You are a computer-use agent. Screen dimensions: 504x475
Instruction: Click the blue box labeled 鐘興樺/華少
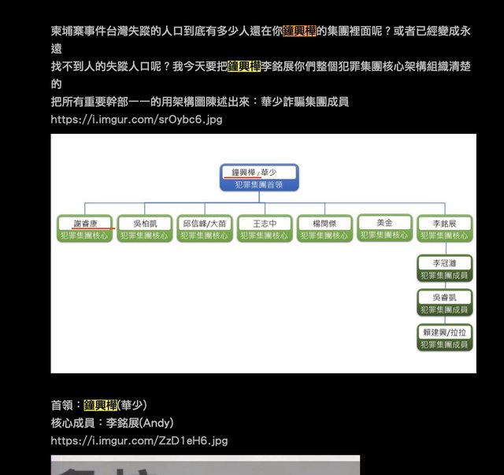pyautogui.click(x=259, y=177)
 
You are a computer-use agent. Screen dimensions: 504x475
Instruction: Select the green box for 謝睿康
pyautogui.click(x=85, y=228)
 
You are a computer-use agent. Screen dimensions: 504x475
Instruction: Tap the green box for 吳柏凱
pyautogui.click(x=145, y=228)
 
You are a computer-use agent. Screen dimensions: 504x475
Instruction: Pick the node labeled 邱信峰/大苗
pyautogui.click(x=205, y=228)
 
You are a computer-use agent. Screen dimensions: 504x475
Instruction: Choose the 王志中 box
pyautogui.click(x=265, y=228)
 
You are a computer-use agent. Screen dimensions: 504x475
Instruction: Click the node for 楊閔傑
pyautogui.click(x=324, y=228)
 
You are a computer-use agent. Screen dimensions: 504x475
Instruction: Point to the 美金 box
pyautogui.click(x=385, y=228)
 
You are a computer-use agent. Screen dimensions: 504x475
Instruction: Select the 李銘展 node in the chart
pyautogui.click(x=445, y=228)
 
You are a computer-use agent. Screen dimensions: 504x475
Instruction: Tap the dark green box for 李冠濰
pyautogui.click(x=445, y=269)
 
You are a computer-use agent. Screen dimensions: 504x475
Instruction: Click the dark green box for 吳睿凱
pyautogui.click(x=445, y=303)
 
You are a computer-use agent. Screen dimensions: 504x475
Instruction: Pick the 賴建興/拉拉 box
pyautogui.click(x=445, y=338)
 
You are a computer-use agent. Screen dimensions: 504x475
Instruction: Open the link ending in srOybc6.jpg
pyautogui.click(x=136, y=119)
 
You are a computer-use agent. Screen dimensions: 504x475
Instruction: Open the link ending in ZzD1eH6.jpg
pyautogui.click(x=139, y=440)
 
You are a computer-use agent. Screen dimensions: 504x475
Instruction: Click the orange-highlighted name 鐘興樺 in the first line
pyautogui.click(x=299, y=31)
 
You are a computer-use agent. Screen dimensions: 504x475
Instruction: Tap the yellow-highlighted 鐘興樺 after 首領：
pyautogui.click(x=101, y=405)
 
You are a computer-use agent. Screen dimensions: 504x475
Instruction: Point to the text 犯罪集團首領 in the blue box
pyautogui.click(x=259, y=185)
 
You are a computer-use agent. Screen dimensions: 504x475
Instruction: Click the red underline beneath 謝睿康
pyautogui.click(x=93, y=228)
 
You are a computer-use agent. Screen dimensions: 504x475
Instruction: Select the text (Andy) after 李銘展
pyautogui.click(x=157, y=422)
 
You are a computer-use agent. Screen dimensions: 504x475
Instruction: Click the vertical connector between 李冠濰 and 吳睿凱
pyautogui.click(x=445, y=286)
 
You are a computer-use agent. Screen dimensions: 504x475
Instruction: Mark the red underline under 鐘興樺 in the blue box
pyautogui.click(x=243, y=177)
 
